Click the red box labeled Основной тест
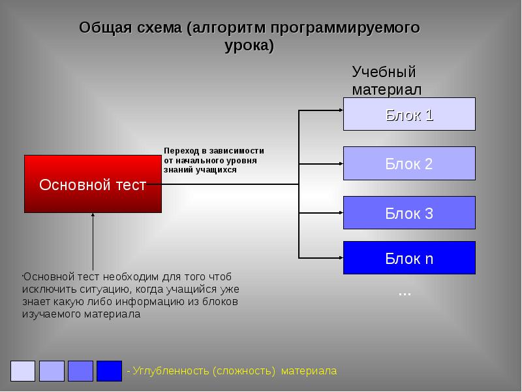tap(93, 184)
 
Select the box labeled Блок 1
tap(409, 114)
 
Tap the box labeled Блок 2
tap(409, 163)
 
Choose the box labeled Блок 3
tap(409, 212)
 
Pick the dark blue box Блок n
tap(409, 257)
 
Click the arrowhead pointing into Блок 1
tap(339, 110)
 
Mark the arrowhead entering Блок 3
tap(339, 212)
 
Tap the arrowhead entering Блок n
tap(339, 257)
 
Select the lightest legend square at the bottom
tap(23, 370)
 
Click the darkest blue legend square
tap(109, 370)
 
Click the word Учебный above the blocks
tap(384, 72)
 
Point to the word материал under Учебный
tap(387, 89)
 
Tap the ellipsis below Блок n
tap(405, 293)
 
